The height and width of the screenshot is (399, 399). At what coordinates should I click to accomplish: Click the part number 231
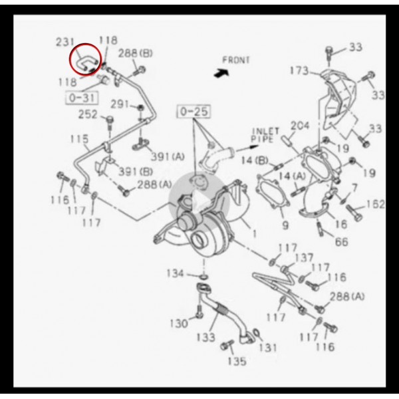[65, 42]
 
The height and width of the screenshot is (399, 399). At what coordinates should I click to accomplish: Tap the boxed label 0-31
[82, 98]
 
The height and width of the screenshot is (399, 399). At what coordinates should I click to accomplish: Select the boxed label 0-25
[194, 112]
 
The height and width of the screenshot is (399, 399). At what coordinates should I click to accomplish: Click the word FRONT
[236, 60]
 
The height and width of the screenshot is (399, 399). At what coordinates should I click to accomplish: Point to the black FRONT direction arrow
[221, 72]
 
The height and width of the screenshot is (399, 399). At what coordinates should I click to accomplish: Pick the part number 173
[299, 70]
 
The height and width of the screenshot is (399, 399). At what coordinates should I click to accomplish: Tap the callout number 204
[300, 126]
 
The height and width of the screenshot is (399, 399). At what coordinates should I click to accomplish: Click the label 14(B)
[255, 160]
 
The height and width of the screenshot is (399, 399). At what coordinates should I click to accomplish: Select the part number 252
[88, 114]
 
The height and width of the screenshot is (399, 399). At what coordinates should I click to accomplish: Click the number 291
[119, 104]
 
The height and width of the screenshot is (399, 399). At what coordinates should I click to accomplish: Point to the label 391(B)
[136, 172]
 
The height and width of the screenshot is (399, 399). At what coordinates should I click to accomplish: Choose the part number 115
[79, 139]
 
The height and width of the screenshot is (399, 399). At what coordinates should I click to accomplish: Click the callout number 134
[175, 273]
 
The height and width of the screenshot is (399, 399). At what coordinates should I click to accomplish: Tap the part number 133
[206, 337]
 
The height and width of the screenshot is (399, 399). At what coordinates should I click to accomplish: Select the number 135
[237, 361]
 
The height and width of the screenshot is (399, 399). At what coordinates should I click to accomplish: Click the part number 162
[376, 204]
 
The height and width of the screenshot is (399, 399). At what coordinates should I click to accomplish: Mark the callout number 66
[341, 242]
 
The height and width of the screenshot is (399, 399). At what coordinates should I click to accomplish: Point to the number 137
[304, 258]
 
